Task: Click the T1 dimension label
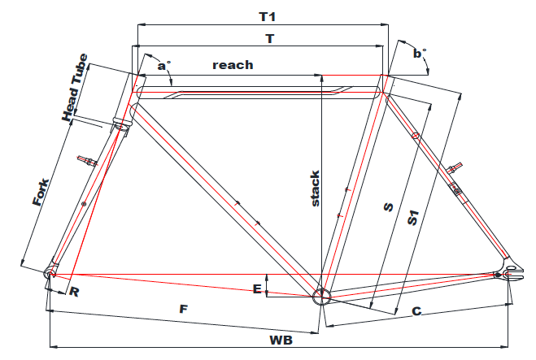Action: tap(266, 16)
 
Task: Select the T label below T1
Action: tap(269, 37)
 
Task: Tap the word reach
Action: tap(233, 64)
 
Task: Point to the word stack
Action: tap(316, 188)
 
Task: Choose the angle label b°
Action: tap(419, 54)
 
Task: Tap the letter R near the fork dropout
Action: tap(75, 292)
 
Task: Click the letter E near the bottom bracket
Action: tap(258, 288)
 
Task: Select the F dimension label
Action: tap(184, 309)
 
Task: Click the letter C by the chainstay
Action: tap(416, 310)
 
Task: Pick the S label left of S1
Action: tap(388, 207)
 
